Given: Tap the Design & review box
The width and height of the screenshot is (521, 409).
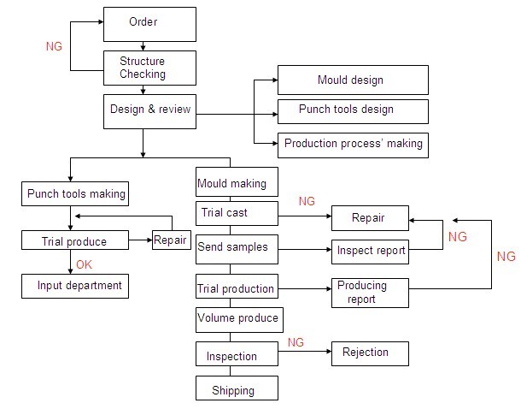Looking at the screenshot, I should [x=150, y=110].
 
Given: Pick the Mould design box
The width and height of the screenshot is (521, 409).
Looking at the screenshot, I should [x=352, y=80].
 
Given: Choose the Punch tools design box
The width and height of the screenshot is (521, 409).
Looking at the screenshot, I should [x=352, y=110].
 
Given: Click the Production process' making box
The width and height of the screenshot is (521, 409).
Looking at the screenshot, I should [x=352, y=144].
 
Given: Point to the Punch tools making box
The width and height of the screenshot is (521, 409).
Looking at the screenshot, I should [x=75, y=193].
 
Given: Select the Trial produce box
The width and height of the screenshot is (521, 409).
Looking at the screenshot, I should [x=75, y=241].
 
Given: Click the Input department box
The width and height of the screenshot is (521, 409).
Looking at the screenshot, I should [x=75, y=285].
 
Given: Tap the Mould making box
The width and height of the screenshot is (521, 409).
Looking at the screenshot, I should [x=232, y=181].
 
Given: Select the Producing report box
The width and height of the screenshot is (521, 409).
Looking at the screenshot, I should [x=369, y=292].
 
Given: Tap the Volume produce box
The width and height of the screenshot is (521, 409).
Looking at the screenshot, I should [x=238, y=318].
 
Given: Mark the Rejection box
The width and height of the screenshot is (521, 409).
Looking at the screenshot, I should [x=369, y=353].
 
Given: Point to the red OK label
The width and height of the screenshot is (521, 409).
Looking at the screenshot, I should [x=85, y=264].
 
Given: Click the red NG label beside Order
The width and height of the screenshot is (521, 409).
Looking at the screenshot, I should [x=55, y=46].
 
